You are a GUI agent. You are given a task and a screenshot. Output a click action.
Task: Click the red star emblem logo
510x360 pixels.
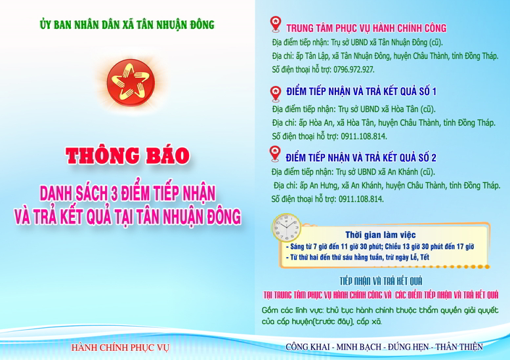(131, 83)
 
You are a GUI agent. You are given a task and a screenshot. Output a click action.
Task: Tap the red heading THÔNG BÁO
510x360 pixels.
(127, 155)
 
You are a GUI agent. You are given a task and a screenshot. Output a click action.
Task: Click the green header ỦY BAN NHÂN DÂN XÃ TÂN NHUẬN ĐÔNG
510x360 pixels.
(127, 25)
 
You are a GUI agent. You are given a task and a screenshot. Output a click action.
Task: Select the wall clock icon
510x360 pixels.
(286, 228)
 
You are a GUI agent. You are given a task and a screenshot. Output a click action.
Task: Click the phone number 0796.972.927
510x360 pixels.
(354, 70)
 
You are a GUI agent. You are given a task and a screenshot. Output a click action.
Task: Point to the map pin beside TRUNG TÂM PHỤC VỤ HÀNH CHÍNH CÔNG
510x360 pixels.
(276, 24)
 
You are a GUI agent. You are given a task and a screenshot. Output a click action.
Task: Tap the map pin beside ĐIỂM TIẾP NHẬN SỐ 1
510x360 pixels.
(276, 94)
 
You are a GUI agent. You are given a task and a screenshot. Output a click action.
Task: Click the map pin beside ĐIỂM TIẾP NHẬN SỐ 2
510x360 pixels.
(275, 153)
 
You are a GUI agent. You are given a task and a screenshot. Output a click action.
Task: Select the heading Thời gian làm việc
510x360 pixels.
(380, 235)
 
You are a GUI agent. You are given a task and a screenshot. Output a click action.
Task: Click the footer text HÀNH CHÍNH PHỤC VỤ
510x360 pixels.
(120, 348)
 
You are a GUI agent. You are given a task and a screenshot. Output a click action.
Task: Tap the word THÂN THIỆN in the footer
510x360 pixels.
(459, 347)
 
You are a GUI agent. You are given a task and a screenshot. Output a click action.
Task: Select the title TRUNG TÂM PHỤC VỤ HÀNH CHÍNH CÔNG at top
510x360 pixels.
(366, 28)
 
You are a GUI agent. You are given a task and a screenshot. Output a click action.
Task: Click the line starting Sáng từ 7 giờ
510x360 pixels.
(380, 247)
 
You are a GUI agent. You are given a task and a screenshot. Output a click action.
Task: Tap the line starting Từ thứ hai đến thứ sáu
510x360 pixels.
(358, 257)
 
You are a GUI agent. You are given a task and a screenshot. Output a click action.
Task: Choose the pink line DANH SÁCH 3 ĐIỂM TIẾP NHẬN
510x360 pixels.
(127, 193)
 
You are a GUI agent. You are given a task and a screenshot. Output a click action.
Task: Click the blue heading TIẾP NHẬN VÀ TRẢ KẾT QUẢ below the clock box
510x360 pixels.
(381, 281)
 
